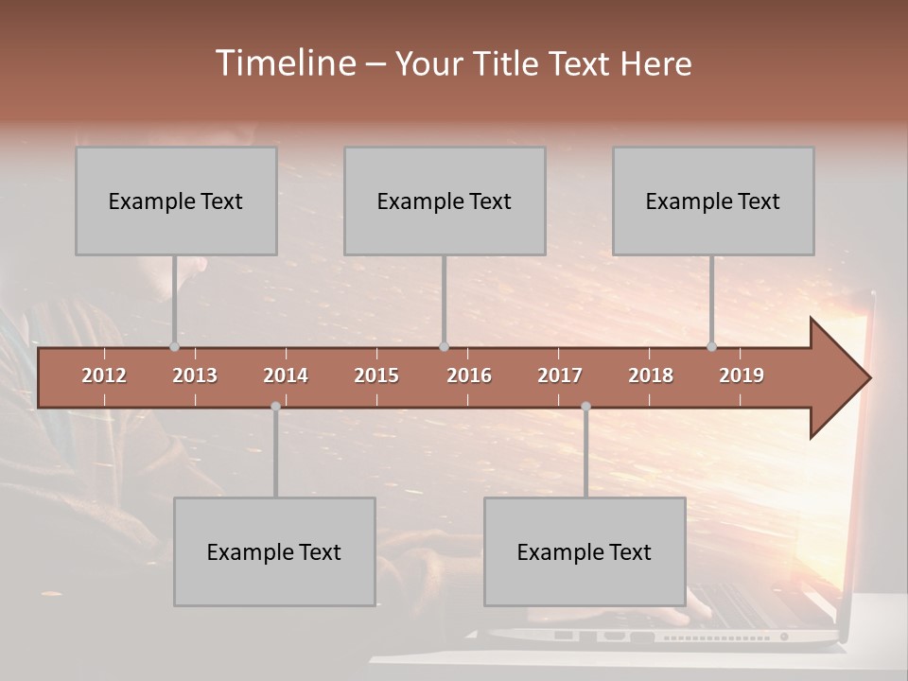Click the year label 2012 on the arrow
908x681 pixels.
click(104, 375)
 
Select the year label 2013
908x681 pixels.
click(195, 375)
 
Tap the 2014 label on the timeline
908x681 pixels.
click(286, 375)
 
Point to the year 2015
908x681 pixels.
click(376, 375)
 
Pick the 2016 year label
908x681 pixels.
click(469, 375)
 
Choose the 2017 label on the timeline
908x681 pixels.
click(560, 375)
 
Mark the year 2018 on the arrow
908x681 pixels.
click(651, 375)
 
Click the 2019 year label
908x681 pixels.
click(742, 375)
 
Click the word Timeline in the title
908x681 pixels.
click(284, 63)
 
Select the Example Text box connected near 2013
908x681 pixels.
click(176, 201)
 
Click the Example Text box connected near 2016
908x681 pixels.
click(445, 201)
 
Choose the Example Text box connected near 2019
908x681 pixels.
click(713, 201)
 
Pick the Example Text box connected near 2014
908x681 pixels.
click(274, 551)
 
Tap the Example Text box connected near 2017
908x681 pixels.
click(585, 551)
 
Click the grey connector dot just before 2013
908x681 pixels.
click(174, 347)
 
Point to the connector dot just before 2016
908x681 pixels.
click(444, 347)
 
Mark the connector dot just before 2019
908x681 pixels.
click(711, 347)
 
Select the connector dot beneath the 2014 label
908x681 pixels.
click(275, 406)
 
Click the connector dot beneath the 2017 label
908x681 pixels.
click(585, 406)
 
